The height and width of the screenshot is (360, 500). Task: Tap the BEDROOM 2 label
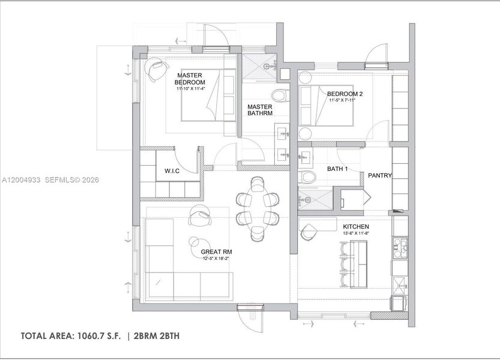(x=345, y=94)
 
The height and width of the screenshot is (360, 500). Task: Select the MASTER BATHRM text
(x=261, y=110)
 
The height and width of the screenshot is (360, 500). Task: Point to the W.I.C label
(x=172, y=171)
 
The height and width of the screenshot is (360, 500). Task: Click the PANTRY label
(x=380, y=176)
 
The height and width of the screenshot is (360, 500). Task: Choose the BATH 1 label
(x=337, y=169)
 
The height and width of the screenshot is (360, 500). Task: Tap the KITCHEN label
(x=355, y=226)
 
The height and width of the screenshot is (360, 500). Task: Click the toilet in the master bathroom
(x=280, y=96)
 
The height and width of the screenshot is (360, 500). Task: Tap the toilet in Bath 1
(x=308, y=177)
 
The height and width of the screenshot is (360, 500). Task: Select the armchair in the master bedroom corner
(x=155, y=68)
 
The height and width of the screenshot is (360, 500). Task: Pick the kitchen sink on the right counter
(x=399, y=245)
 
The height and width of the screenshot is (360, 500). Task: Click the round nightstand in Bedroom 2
(x=306, y=133)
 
